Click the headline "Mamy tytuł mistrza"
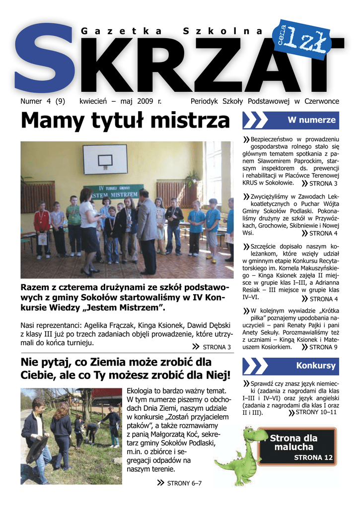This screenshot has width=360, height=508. click(x=126, y=121)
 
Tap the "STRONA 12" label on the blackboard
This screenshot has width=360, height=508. click(x=313, y=457)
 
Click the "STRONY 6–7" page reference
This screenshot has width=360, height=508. click(x=184, y=483)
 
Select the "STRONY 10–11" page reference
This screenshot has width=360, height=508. click(x=316, y=412)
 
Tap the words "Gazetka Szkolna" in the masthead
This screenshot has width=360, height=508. click(x=172, y=31)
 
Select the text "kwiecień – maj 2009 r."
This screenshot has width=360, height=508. click(x=120, y=101)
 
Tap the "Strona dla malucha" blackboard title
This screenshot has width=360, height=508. click(x=293, y=443)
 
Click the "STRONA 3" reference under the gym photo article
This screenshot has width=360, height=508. click(x=217, y=347)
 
